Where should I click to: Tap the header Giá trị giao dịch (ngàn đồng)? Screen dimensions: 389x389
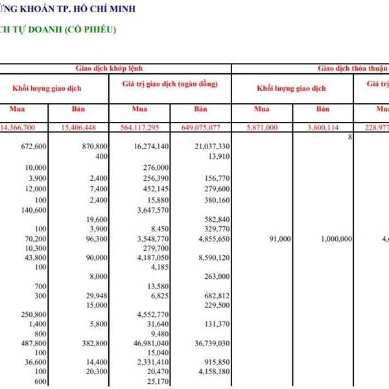point(170,85)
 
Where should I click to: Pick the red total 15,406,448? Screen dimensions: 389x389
point(83,127)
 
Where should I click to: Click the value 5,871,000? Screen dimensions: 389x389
point(262,127)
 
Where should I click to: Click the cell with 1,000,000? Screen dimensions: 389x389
point(336,239)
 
